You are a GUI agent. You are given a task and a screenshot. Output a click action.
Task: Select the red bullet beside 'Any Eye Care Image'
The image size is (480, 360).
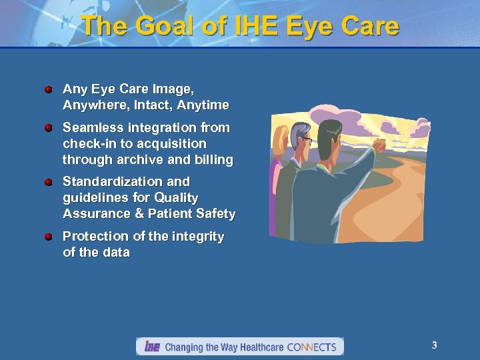coord(49,89)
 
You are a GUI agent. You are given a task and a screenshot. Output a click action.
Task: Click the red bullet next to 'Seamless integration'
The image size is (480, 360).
coord(49,127)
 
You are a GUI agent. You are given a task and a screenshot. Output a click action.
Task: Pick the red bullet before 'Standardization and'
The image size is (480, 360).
coord(49,181)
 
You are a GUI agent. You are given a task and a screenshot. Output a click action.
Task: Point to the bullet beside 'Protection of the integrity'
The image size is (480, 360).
coord(49,236)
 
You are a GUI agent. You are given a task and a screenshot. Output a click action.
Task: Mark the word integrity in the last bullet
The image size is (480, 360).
coord(198,237)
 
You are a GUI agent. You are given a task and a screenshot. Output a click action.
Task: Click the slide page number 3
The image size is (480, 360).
coord(434,345)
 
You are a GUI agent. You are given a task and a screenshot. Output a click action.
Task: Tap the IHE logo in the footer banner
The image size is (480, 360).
coord(152,347)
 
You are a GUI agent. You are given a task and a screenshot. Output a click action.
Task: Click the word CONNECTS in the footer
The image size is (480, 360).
coord(313,347)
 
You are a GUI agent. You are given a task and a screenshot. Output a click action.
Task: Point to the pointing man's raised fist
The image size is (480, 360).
coord(379,145)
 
